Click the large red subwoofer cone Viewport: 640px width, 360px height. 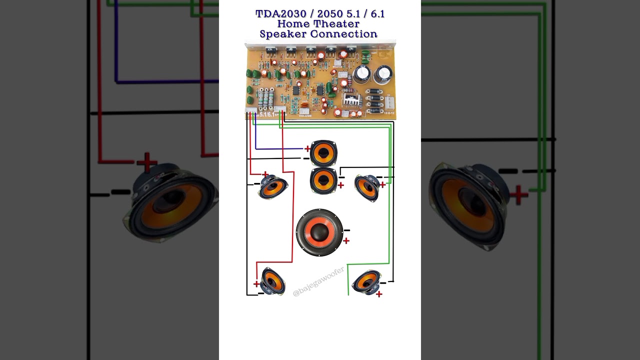click(x=319, y=232)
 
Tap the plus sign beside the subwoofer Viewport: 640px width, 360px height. click(x=346, y=241)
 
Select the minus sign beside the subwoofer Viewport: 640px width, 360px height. click(x=346, y=230)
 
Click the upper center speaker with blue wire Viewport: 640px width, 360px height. click(x=323, y=152)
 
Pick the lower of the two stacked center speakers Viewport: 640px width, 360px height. click(x=323, y=180)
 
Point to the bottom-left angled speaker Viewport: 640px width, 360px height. click(x=272, y=281)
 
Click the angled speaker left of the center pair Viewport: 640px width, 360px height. click(x=273, y=186)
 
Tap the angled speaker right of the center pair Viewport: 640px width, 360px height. click(x=367, y=187)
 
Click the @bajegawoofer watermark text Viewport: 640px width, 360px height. click(x=318, y=281)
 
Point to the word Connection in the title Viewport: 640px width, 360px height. click(x=343, y=34)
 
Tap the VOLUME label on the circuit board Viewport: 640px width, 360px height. click(x=305, y=115)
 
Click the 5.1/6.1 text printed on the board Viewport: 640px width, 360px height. click(x=266, y=114)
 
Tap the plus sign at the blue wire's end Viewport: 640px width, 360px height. click(x=307, y=148)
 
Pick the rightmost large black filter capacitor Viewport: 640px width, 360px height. click(x=383, y=74)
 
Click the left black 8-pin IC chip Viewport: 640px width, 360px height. click(x=296, y=90)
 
